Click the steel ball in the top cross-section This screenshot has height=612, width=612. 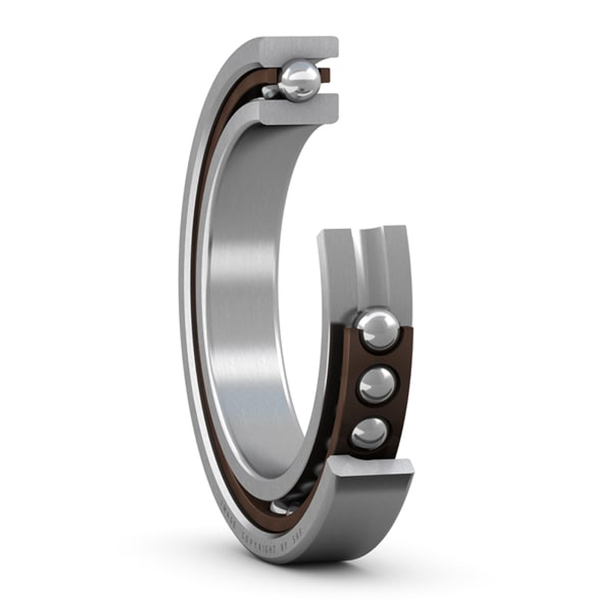point(299,81)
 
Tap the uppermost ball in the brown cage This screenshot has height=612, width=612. point(378,330)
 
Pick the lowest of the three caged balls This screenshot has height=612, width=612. point(369,433)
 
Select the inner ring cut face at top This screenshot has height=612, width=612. point(300,111)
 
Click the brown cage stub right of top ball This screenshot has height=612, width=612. point(325,75)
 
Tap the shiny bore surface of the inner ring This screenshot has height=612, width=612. point(245,306)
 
